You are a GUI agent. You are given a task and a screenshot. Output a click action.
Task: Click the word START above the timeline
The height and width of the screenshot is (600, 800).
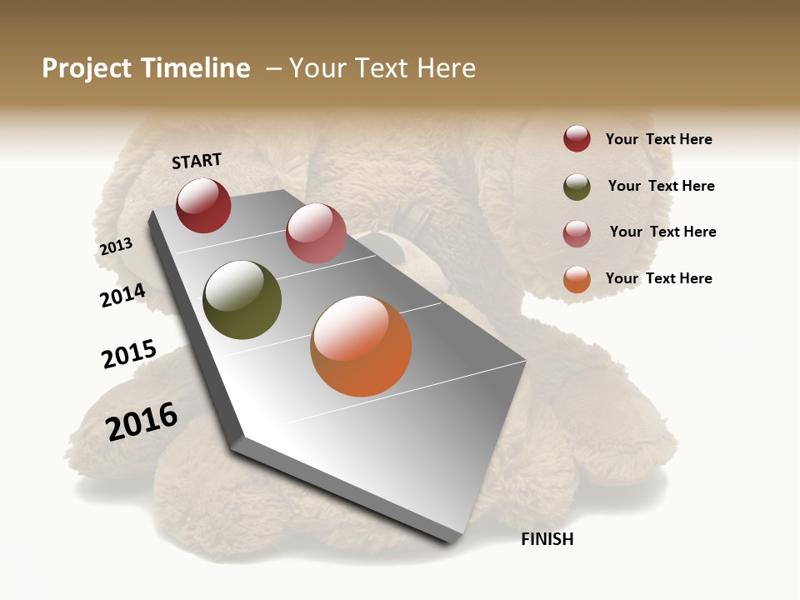click(x=197, y=161)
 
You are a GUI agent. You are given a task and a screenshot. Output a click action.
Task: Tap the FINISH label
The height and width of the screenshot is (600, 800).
click(x=547, y=539)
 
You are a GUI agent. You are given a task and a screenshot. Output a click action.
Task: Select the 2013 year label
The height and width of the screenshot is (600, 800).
click(x=116, y=247)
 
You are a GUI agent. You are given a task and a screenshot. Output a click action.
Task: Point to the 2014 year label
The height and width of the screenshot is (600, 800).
click(x=122, y=295)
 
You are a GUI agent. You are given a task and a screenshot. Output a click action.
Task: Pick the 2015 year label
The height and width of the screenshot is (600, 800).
click(x=129, y=354)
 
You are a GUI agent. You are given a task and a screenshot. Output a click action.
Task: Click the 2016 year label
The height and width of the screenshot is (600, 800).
click(x=142, y=422)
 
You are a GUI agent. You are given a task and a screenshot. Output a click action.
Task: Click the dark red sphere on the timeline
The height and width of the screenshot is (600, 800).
click(x=203, y=206)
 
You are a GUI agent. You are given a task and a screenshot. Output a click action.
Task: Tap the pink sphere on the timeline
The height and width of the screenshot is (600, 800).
click(x=316, y=233)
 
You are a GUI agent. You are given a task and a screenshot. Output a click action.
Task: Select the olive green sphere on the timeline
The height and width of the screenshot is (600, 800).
click(x=242, y=300)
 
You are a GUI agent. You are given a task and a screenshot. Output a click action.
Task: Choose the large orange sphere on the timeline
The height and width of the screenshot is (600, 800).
click(x=361, y=346)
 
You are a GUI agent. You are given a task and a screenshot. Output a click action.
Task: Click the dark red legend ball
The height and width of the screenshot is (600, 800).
click(x=577, y=139)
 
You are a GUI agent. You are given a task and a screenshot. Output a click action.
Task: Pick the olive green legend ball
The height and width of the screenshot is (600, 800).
click(x=577, y=187)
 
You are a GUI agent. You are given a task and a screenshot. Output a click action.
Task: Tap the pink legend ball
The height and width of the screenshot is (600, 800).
click(x=577, y=233)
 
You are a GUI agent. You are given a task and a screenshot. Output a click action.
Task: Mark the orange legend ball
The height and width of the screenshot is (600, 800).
click(x=577, y=279)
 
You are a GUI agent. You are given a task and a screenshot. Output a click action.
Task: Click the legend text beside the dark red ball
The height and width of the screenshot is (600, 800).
click(x=658, y=139)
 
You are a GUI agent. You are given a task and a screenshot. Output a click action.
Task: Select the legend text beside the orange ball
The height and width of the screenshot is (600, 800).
click(x=658, y=278)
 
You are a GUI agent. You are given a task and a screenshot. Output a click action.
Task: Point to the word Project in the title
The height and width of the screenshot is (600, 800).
click(x=87, y=68)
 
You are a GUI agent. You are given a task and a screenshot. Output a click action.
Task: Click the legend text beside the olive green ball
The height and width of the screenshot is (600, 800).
click(x=661, y=186)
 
